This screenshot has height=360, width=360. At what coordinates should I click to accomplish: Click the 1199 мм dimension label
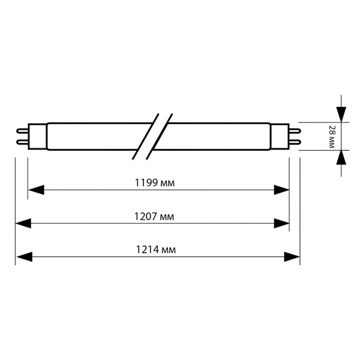tap(155, 183)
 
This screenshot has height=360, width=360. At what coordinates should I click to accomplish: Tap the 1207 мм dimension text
tap(154, 217)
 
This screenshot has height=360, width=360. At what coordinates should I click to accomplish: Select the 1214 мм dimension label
tap(156, 250)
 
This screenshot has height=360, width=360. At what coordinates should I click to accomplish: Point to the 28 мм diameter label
tap(332, 137)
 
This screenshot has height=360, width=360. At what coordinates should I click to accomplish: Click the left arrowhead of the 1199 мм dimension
tap(36, 190)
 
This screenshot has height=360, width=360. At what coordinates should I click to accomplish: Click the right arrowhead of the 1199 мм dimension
tap(281, 190)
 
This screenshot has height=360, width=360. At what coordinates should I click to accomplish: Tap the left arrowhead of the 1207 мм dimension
tap(23, 223)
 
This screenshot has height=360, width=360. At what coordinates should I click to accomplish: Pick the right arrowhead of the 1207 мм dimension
tap(281, 223)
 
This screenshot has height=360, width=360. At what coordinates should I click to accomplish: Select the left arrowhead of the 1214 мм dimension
tap(25, 256)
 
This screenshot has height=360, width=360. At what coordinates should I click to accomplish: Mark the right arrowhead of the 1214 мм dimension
tap(292, 256)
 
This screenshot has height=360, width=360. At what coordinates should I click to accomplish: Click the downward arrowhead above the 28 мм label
tap(341, 115)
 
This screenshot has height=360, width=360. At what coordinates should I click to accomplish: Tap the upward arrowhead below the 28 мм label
tap(341, 157)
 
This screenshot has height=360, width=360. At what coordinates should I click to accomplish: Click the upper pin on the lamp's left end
tap(22, 131)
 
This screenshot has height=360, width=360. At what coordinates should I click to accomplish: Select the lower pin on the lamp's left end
tap(22, 142)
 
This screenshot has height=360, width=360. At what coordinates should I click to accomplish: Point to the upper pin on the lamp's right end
tap(295, 131)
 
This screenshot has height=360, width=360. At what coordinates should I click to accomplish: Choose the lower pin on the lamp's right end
tap(295, 142)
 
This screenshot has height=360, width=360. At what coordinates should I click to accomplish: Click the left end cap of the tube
tap(37, 137)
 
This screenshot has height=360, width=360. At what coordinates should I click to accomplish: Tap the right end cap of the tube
tap(280, 136)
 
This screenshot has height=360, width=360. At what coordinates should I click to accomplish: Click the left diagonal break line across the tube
tap(146, 136)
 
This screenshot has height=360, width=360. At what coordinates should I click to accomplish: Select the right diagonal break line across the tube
tap(160, 136)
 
